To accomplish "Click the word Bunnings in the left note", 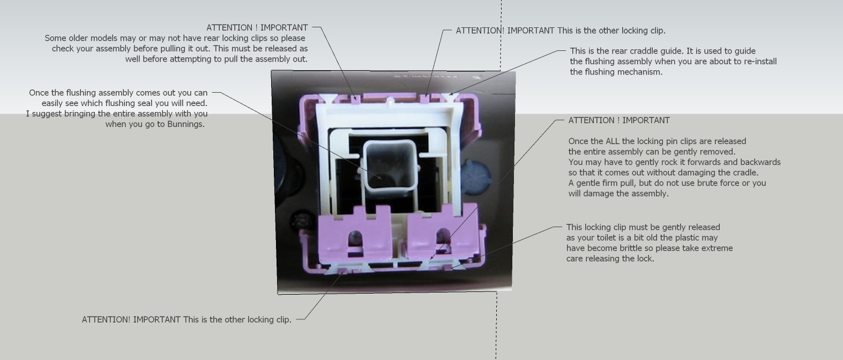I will tap(185, 124).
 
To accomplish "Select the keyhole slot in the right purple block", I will tap(443, 236).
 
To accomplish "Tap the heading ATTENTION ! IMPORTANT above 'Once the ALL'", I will tap(619, 121).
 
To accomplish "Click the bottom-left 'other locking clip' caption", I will tap(186, 320).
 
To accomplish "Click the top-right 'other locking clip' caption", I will tap(561, 31).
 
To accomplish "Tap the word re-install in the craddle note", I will tap(760, 62).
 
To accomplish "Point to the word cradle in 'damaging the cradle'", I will tap(745, 172).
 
